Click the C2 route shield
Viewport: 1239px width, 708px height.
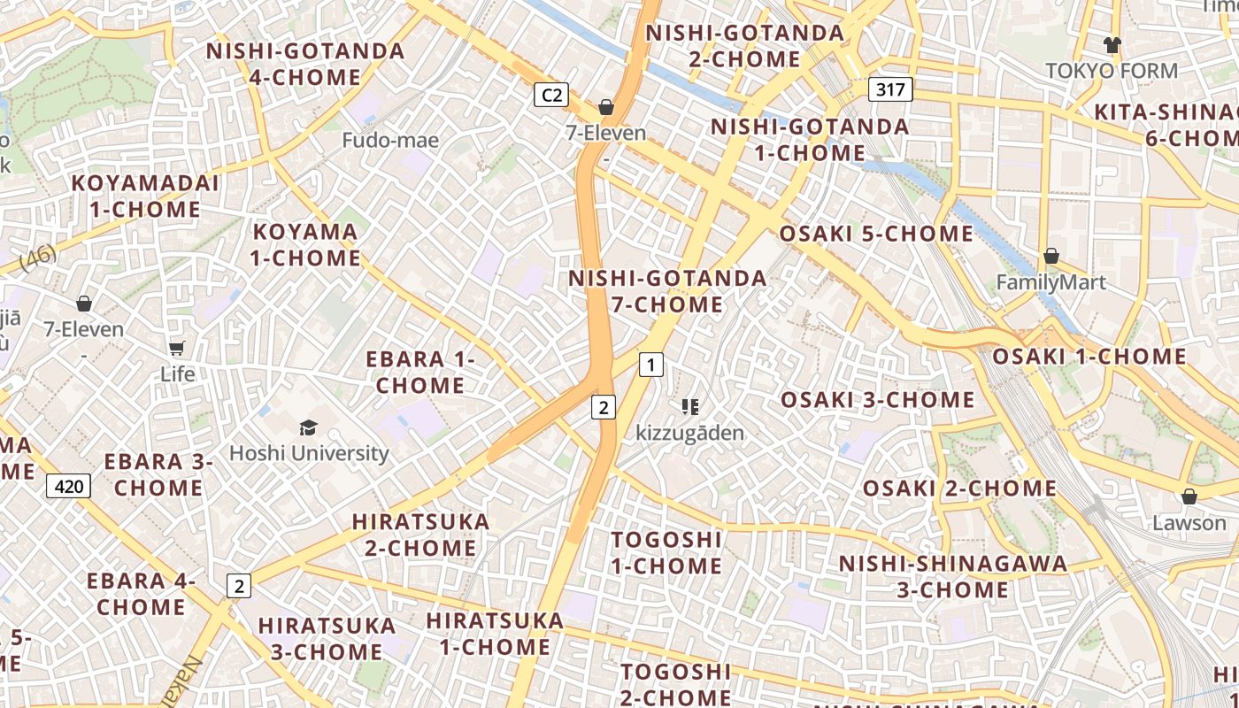point(550,95)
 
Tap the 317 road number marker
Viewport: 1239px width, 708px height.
point(890,89)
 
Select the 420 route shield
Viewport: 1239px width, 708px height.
point(68,486)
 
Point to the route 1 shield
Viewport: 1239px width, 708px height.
point(651,364)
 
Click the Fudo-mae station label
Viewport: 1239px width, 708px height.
point(390,140)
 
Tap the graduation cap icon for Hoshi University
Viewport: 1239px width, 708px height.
point(308,428)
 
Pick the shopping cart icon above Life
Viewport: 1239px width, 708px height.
point(177,348)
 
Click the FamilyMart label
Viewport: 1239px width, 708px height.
point(1051,283)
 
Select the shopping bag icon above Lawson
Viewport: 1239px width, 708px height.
point(1189,496)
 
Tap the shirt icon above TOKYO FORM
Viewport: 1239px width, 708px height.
point(1112,44)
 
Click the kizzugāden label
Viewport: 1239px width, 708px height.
point(690,434)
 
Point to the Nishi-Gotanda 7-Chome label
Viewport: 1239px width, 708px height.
point(667,291)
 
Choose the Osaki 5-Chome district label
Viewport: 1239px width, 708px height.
point(876,235)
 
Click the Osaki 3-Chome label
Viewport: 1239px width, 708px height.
point(877,400)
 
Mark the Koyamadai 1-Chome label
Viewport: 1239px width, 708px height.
point(145,196)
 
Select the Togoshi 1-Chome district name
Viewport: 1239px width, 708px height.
point(667,552)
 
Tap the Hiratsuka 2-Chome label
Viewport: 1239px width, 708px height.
point(420,535)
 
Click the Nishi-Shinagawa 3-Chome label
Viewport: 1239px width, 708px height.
point(953,577)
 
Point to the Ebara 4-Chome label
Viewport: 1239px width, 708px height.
point(141,594)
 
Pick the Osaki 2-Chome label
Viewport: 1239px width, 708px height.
point(959,489)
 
